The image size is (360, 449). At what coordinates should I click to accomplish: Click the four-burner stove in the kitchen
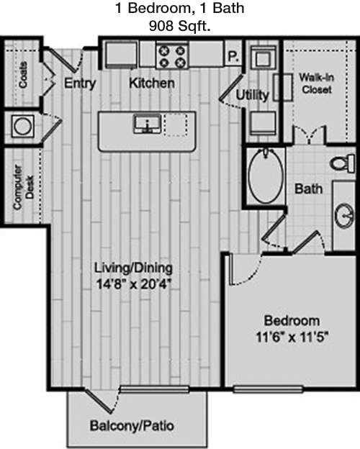(172, 56)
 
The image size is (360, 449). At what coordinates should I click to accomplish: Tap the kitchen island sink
(148, 124)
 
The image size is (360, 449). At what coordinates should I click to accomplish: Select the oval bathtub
(266, 176)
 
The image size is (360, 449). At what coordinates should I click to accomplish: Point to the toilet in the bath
(343, 163)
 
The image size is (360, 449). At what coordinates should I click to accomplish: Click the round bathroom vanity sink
(345, 216)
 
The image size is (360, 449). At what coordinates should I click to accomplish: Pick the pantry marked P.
(233, 56)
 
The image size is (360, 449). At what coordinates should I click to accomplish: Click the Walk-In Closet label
(316, 83)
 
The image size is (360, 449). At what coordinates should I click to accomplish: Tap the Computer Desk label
(24, 186)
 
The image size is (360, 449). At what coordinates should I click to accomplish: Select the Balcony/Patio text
(132, 426)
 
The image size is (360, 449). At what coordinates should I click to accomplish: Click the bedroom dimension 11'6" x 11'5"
(292, 337)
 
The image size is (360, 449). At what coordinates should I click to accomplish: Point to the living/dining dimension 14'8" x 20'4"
(134, 284)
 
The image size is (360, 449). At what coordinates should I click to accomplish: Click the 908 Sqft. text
(180, 27)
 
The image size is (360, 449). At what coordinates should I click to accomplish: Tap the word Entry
(80, 83)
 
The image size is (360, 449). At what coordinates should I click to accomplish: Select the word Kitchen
(152, 83)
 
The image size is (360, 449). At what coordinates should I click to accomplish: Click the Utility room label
(252, 95)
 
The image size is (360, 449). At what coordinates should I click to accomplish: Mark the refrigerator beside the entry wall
(120, 55)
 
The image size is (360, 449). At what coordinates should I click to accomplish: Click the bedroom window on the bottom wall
(268, 389)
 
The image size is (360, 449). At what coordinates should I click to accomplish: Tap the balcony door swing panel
(99, 401)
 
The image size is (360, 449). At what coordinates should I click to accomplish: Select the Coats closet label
(23, 75)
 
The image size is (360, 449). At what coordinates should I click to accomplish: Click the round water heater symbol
(22, 127)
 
